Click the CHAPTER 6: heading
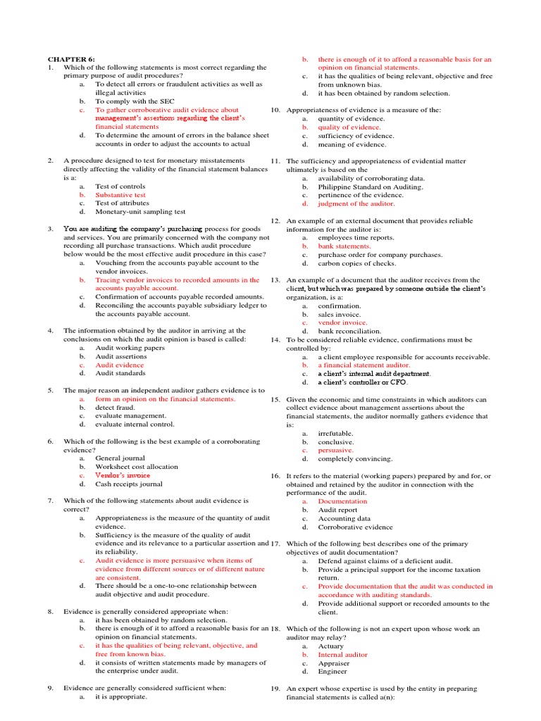pyautogui.click(x=70, y=59)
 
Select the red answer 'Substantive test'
pyautogui.click(x=120, y=194)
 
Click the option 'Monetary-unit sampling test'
pyautogui.click(x=140, y=211)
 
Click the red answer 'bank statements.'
pyautogui.click(x=344, y=246)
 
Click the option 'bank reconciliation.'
pyautogui.click(x=349, y=331)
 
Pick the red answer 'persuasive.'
pyautogui.click(x=335, y=450)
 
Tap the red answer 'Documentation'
pyautogui.click(x=342, y=501)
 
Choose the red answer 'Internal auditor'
pyautogui.click(x=342, y=654)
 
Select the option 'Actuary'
pyautogui.click(x=330, y=646)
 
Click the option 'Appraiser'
pyautogui.click(x=332, y=663)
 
